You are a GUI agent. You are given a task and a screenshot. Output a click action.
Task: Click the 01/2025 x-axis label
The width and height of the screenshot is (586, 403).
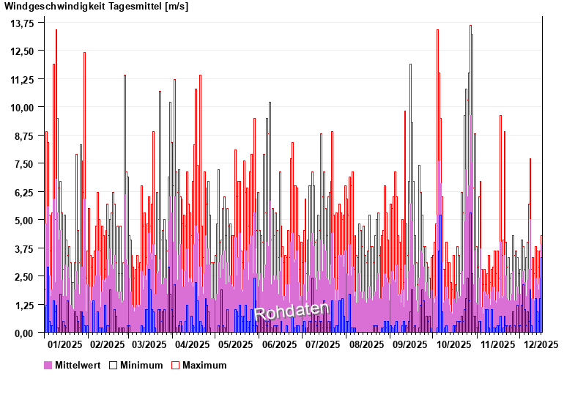coord(64,344)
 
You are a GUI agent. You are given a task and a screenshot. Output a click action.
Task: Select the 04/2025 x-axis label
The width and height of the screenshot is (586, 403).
coord(193,344)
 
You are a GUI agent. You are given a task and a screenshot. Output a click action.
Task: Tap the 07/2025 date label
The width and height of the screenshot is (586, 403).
coord(322,344)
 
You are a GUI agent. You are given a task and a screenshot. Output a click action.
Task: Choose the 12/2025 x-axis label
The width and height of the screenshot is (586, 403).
coord(541,344)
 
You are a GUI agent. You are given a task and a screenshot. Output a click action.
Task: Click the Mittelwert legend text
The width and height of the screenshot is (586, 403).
coord(78,365)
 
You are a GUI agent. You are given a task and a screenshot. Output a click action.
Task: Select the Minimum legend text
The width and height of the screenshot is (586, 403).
coord(141,365)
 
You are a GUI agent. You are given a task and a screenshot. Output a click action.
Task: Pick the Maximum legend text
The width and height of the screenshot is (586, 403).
coord(204,365)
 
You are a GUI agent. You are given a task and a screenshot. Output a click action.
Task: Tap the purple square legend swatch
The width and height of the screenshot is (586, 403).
coord(48,365)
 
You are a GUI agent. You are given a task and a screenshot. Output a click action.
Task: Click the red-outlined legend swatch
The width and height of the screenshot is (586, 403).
coord(175,365)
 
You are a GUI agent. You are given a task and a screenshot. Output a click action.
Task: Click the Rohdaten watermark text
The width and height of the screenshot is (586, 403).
coord(292,311)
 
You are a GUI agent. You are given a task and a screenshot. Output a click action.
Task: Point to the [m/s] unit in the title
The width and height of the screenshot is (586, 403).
coord(177,7)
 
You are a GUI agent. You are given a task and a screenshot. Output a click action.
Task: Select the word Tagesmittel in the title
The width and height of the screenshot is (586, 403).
coord(131,7)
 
